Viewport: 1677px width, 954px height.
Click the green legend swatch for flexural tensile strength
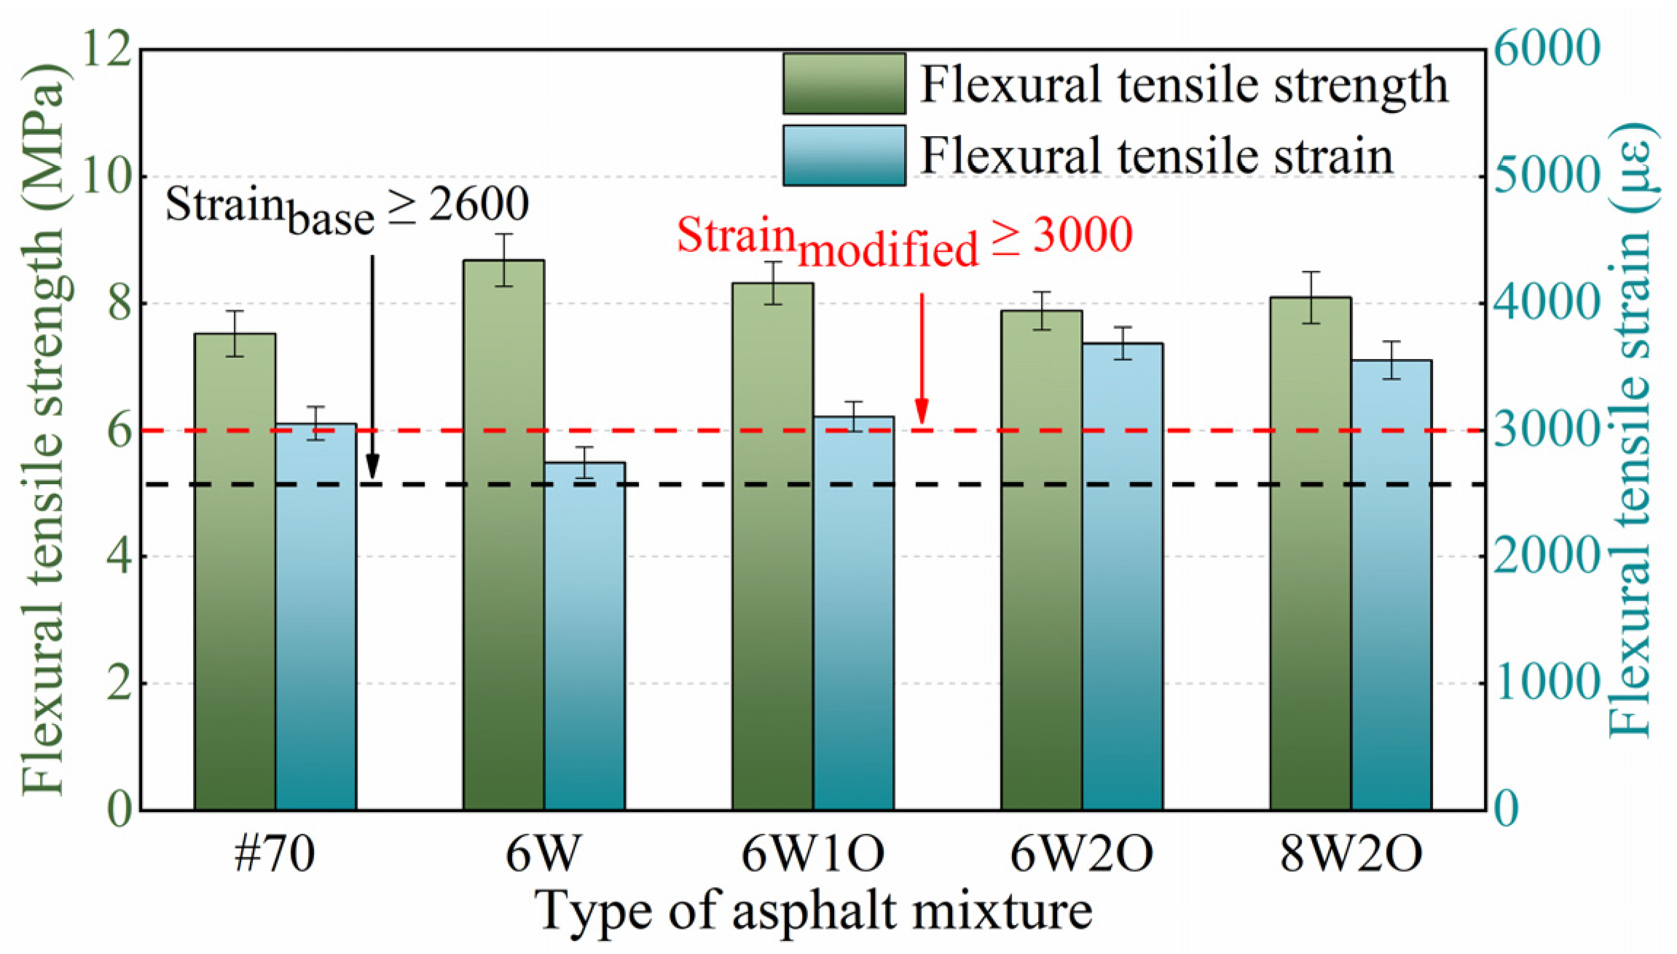click(844, 84)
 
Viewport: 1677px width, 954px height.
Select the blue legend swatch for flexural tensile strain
click(844, 155)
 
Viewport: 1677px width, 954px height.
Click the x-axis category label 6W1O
click(812, 854)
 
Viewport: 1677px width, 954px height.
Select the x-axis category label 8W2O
click(1351, 854)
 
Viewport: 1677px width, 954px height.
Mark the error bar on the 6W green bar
click(503, 260)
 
